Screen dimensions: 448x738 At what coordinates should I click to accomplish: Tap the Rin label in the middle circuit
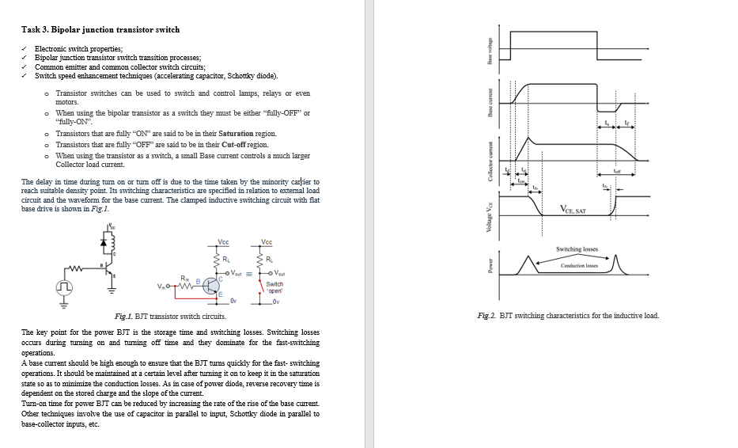click(x=185, y=279)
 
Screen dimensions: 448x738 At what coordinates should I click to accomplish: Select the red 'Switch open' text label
click(x=274, y=287)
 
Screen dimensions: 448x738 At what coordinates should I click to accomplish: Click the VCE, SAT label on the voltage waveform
click(x=573, y=210)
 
